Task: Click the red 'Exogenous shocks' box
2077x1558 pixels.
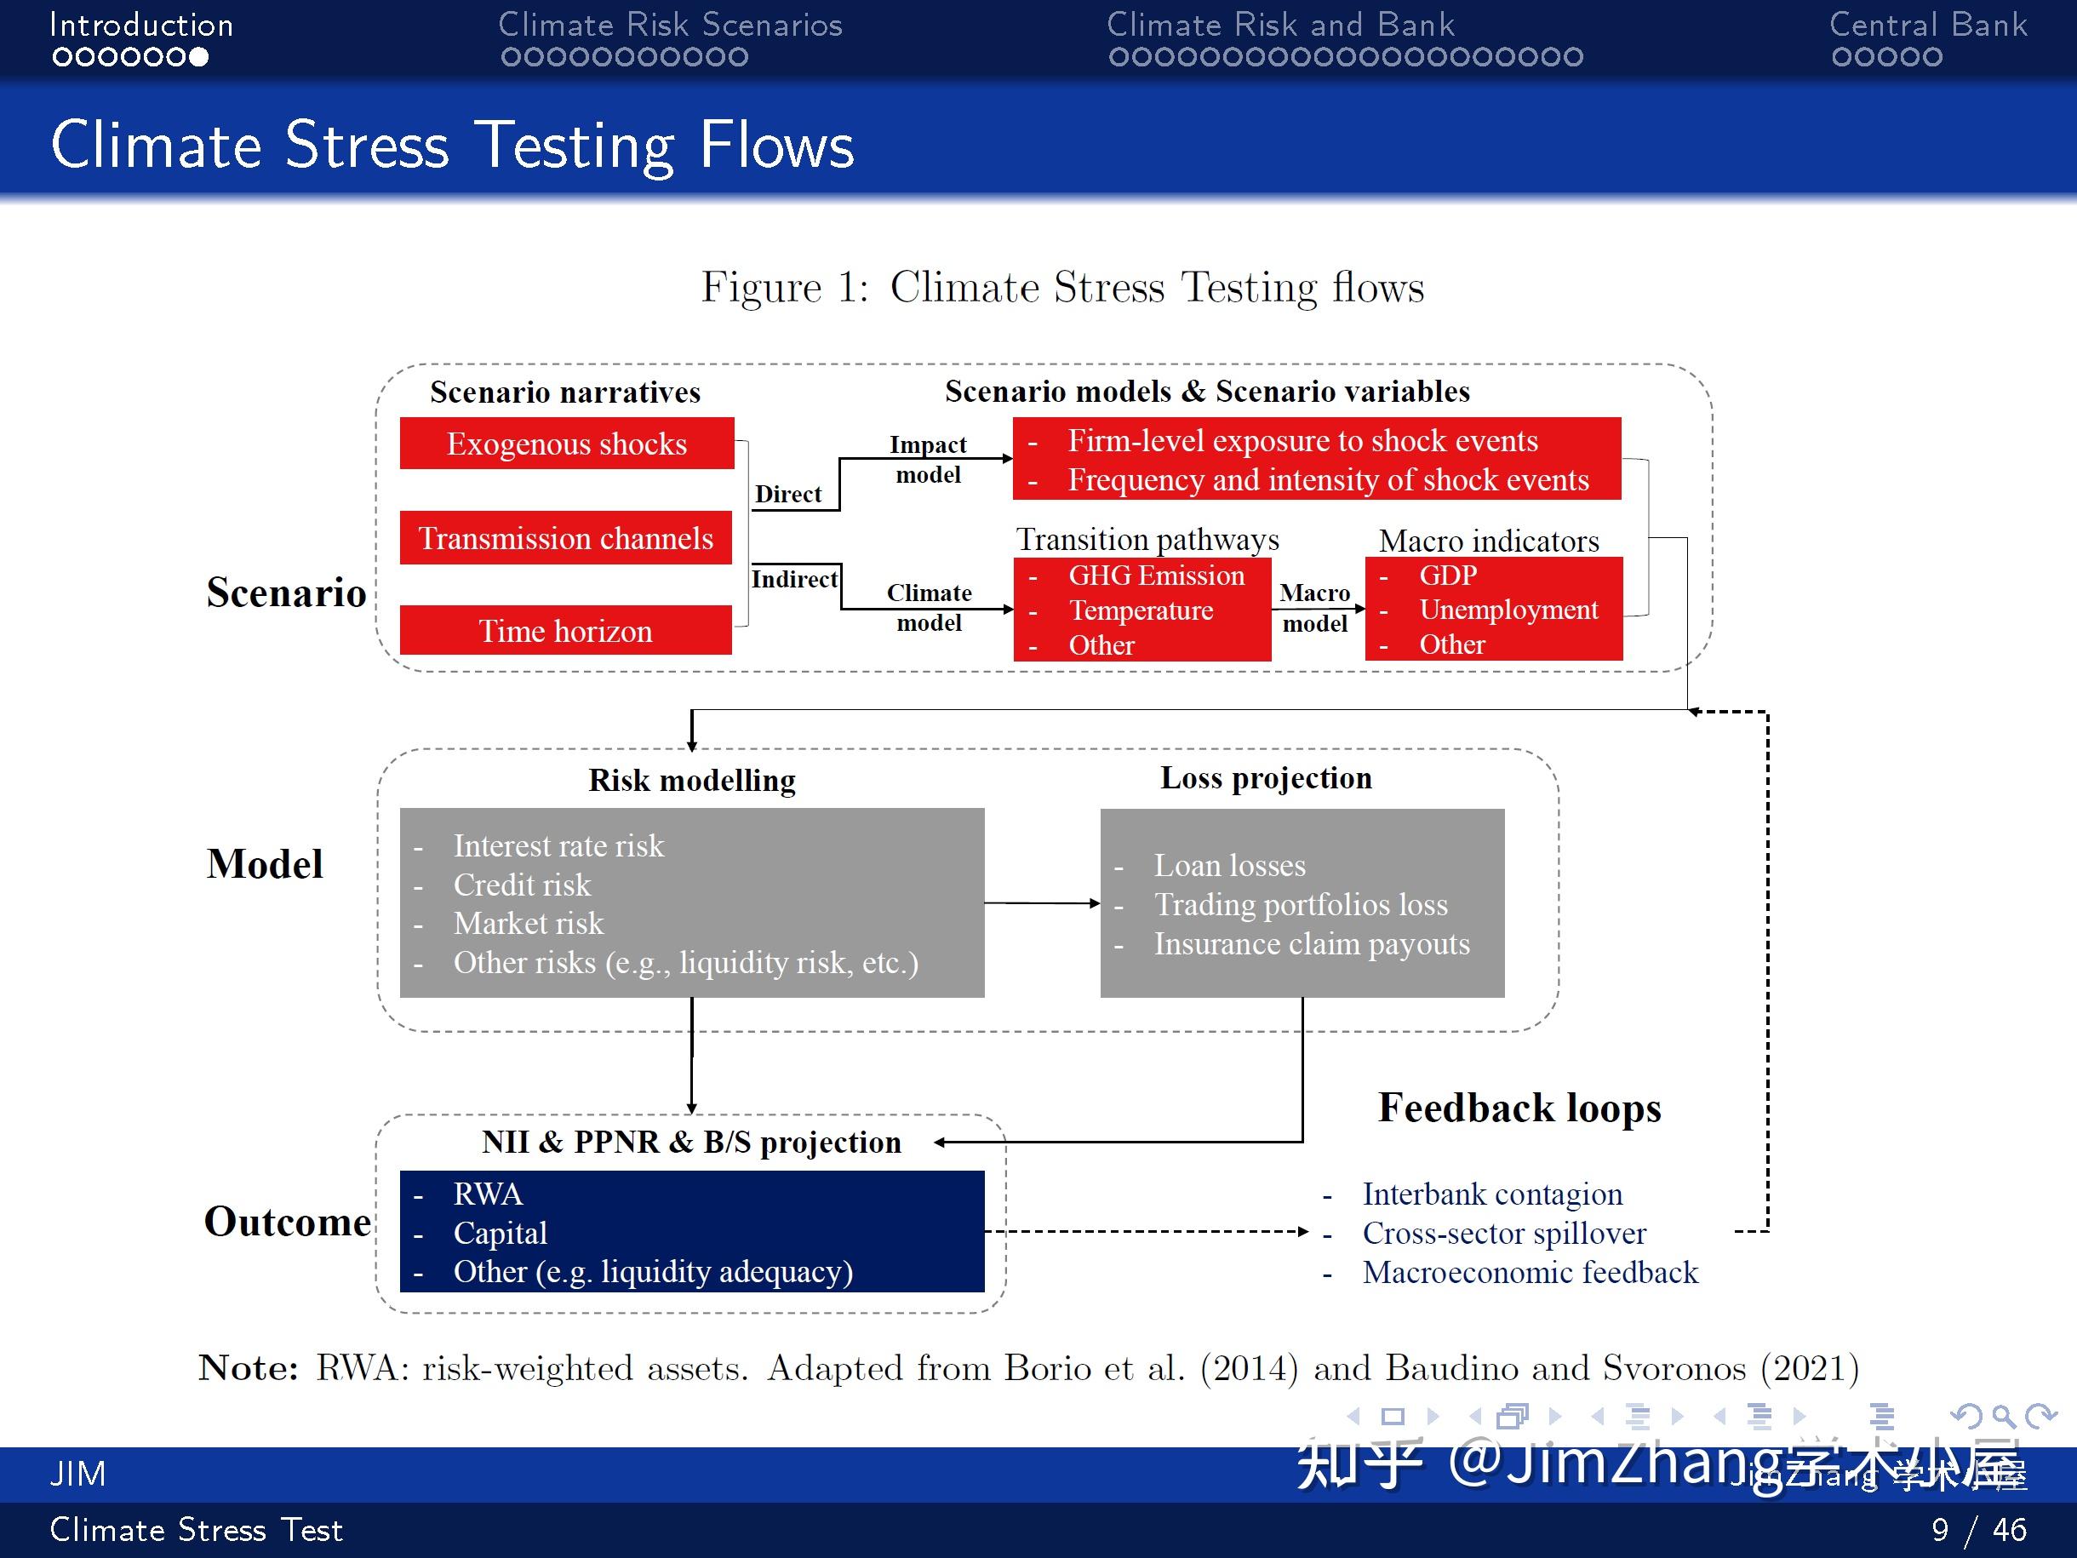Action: (566, 444)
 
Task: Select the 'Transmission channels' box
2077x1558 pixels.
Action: (565, 538)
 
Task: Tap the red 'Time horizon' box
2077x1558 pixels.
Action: (565, 630)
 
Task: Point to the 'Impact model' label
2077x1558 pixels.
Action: (928, 459)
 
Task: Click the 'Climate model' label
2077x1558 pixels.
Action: (929, 608)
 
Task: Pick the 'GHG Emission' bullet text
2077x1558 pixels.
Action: (1156, 576)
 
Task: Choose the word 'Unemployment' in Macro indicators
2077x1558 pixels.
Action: (1508, 610)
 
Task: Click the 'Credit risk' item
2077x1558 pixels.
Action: (522, 885)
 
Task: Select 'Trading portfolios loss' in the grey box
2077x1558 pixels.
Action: (1301, 904)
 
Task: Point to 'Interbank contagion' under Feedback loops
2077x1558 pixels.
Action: (1492, 1194)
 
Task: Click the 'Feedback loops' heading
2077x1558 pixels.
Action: (1519, 1108)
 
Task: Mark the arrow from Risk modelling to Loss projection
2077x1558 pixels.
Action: (1042, 903)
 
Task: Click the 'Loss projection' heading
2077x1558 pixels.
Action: (1266, 777)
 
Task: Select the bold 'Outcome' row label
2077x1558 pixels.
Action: (288, 1222)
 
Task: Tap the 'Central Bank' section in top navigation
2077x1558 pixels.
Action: (1928, 26)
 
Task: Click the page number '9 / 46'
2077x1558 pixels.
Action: (1979, 1530)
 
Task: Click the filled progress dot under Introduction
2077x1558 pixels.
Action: (198, 57)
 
